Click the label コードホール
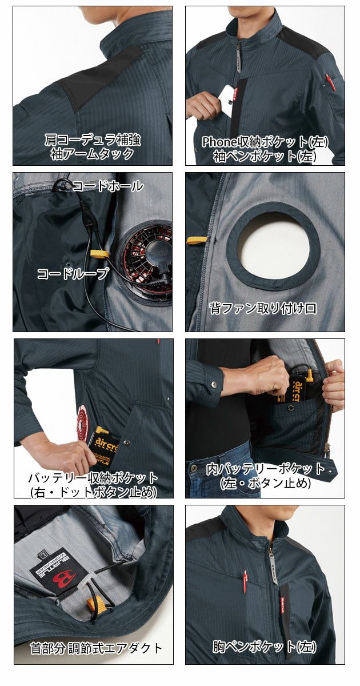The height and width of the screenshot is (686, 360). [x=108, y=186]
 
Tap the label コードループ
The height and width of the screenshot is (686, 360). [x=73, y=274]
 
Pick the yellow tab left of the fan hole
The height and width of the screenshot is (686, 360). [x=197, y=240]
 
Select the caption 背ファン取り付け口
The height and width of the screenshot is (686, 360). [x=262, y=309]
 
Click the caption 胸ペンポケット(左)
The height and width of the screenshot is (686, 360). [x=264, y=647]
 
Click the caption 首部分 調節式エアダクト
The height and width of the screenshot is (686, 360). [x=96, y=648]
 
